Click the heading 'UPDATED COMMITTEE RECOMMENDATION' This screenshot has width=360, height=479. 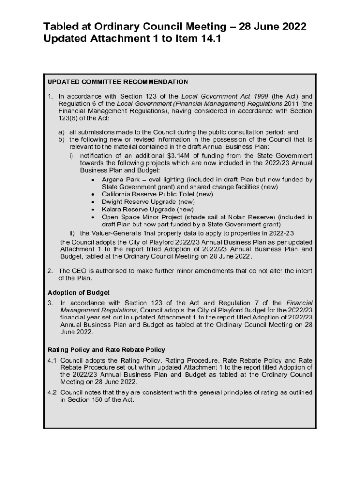point(118,82)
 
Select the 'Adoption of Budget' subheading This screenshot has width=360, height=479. point(79,292)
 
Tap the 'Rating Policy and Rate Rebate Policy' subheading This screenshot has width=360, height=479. point(107,349)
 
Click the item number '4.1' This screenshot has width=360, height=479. point(52,360)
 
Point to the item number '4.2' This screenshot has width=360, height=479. point(52,392)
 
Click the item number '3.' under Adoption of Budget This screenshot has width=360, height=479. point(50,303)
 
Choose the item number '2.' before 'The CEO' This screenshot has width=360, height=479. point(50,271)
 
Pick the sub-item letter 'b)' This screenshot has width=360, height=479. point(61,140)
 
